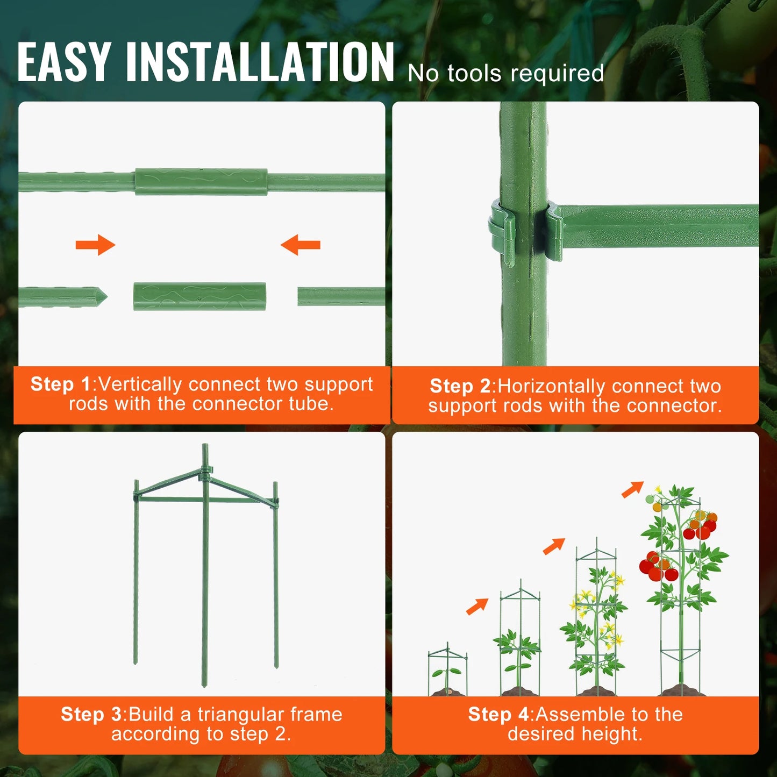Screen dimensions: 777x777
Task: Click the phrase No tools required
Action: pos(505,74)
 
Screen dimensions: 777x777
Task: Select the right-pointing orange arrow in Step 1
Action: pos(95,245)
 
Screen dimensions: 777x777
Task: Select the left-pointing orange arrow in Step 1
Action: pos(301,245)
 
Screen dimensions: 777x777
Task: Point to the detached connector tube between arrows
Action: pos(199,297)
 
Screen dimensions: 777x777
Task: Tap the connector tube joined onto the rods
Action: pos(201,182)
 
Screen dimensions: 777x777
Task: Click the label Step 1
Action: pos(61,384)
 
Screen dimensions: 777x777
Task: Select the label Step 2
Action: pos(460,386)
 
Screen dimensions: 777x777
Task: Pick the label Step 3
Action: pos(91,714)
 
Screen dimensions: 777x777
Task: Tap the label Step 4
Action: pos(498,714)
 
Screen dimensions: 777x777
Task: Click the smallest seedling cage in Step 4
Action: pos(447,669)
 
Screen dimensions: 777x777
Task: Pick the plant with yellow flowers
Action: pos(596,624)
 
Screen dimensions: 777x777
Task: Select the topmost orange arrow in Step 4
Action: pos(632,489)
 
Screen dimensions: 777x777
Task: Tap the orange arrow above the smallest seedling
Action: pos(477,606)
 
